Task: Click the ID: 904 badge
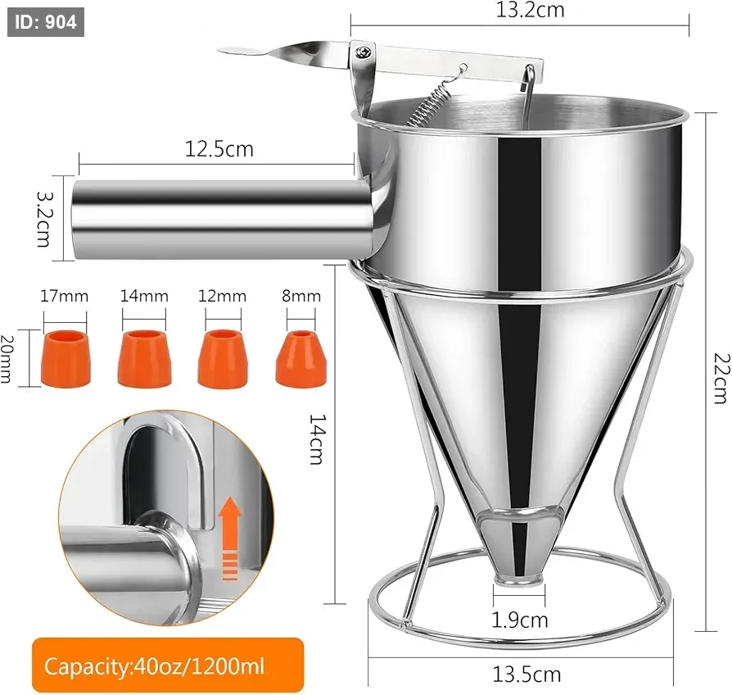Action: pyautogui.click(x=46, y=22)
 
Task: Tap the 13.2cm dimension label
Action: pyautogui.click(x=530, y=10)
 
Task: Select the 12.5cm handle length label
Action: pyautogui.click(x=219, y=149)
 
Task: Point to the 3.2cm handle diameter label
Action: pyautogui.click(x=46, y=219)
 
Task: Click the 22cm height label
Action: pyautogui.click(x=721, y=378)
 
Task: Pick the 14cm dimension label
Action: pyautogui.click(x=317, y=439)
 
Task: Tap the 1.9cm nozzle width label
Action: pyautogui.click(x=520, y=620)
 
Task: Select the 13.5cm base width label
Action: pyautogui.click(x=526, y=675)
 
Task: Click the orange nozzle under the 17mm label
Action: pyautogui.click(x=66, y=358)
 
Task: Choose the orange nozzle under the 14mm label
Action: pyautogui.click(x=144, y=358)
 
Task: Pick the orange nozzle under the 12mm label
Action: pyautogui.click(x=223, y=358)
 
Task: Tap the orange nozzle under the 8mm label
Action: pyautogui.click(x=301, y=359)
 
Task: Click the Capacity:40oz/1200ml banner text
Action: pyautogui.click(x=154, y=666)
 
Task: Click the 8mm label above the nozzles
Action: pyautogui.click(x=301, y=297)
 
